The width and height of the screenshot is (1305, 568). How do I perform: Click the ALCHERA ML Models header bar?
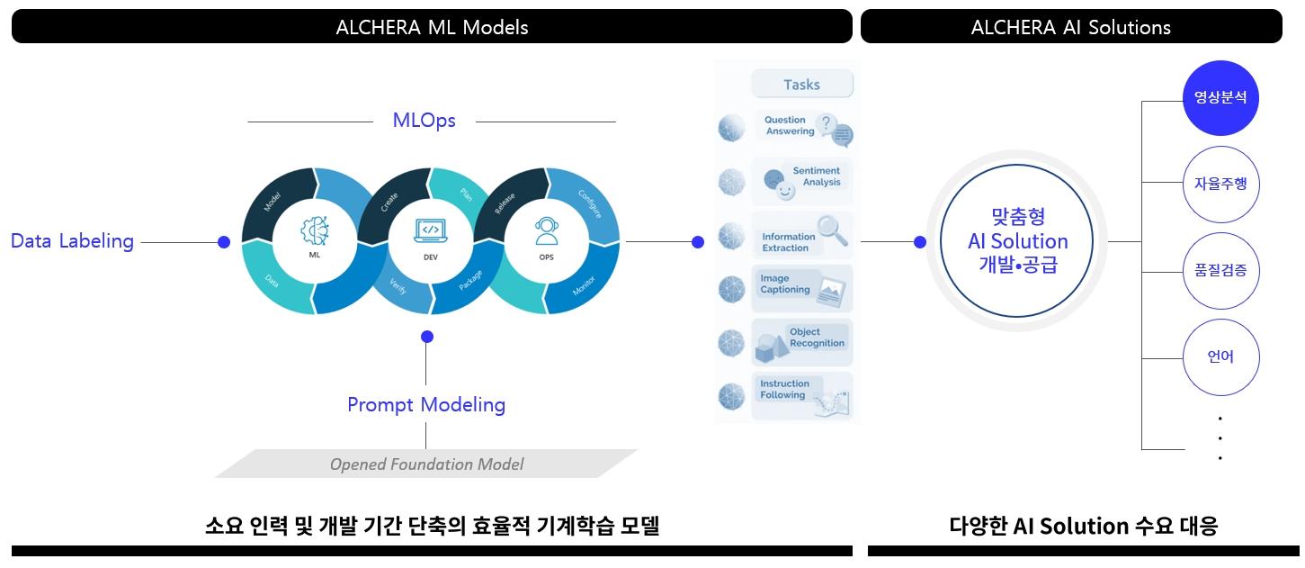[x=432, y=26]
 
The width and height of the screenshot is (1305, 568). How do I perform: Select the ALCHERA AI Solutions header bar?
[x=1070, y=26]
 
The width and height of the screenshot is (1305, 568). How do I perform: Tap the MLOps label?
[x=424, y=121]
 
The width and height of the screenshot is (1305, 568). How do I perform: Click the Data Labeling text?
[x=72, y=241]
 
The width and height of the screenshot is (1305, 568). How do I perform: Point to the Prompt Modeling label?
[x=426, y=405]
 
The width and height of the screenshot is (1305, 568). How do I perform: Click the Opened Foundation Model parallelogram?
[x=426, y=464]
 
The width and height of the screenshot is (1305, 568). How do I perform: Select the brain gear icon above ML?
[x=314, y=231]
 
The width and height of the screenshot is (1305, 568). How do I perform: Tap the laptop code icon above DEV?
[x=430, y=230]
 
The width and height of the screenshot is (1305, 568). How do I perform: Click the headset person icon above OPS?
[x=546, y=231]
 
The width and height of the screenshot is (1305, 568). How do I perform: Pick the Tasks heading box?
[x=801, y=85]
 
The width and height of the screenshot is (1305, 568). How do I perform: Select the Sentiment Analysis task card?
[x=801, y=179]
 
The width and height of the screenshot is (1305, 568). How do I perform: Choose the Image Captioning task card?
[x=801, y=287]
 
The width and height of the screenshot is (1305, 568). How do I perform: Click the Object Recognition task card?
[x=801, y=341]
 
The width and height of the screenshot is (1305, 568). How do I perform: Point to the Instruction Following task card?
[x=801, y=395]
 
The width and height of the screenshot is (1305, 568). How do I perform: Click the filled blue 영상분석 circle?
[x=1220, y=98]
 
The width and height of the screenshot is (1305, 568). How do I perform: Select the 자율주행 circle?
[x=1220, y=185]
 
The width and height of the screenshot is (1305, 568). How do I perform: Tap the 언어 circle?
[x=1220, y=357]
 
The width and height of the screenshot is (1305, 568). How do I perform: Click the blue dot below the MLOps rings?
[x=427, y=337]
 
